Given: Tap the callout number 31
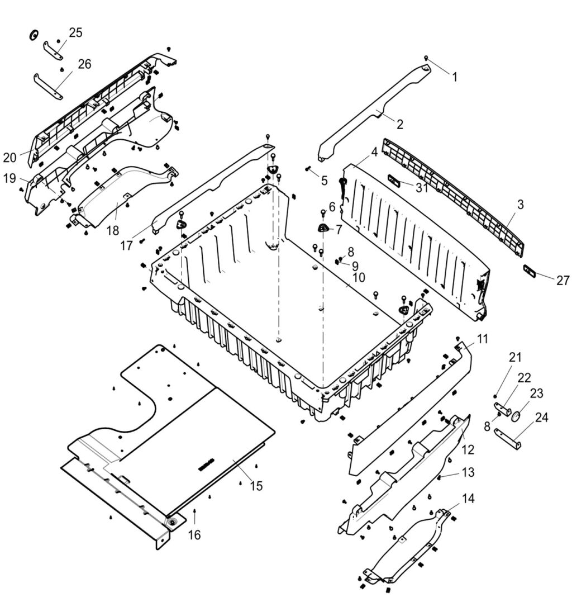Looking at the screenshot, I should [422, 188].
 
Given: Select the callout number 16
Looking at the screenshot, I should [194, 535].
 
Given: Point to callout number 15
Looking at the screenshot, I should [256, 486].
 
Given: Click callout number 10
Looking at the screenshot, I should [358, 277].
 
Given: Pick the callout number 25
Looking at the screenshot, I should [75, 32].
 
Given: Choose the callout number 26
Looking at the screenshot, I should [84, 64].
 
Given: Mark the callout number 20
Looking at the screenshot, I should [9, 158].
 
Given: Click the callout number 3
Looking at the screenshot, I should [520, 205].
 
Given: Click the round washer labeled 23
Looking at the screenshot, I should [517, 416].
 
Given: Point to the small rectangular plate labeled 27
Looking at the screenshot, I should [530, 272].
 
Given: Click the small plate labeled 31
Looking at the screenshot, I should [395, 180].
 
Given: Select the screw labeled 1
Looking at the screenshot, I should [426, 58].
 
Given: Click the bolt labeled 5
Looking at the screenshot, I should [308, 168].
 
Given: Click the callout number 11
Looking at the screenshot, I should [482, 338].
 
